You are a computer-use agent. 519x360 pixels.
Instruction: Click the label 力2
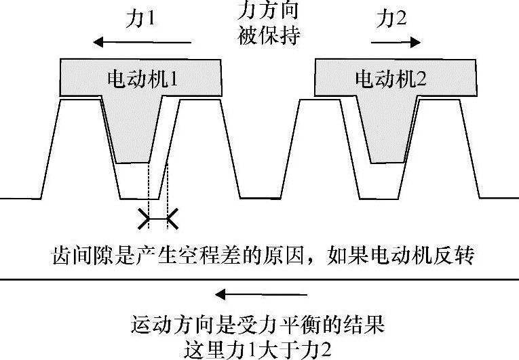point(391,20)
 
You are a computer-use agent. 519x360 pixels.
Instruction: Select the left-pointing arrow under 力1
point(142,43)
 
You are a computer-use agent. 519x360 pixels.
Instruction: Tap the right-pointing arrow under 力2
point(396,43)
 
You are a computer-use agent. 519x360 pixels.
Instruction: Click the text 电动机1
point(142,79)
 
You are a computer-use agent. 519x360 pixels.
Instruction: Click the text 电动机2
point(391,79)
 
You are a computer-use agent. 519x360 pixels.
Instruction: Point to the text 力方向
point(269,12)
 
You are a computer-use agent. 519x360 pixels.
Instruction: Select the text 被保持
point(269,35)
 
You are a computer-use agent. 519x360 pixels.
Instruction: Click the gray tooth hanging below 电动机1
point(134,132)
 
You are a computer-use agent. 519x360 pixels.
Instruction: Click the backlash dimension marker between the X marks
point(158,219)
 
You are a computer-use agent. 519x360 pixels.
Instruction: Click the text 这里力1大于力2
point(259,349)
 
